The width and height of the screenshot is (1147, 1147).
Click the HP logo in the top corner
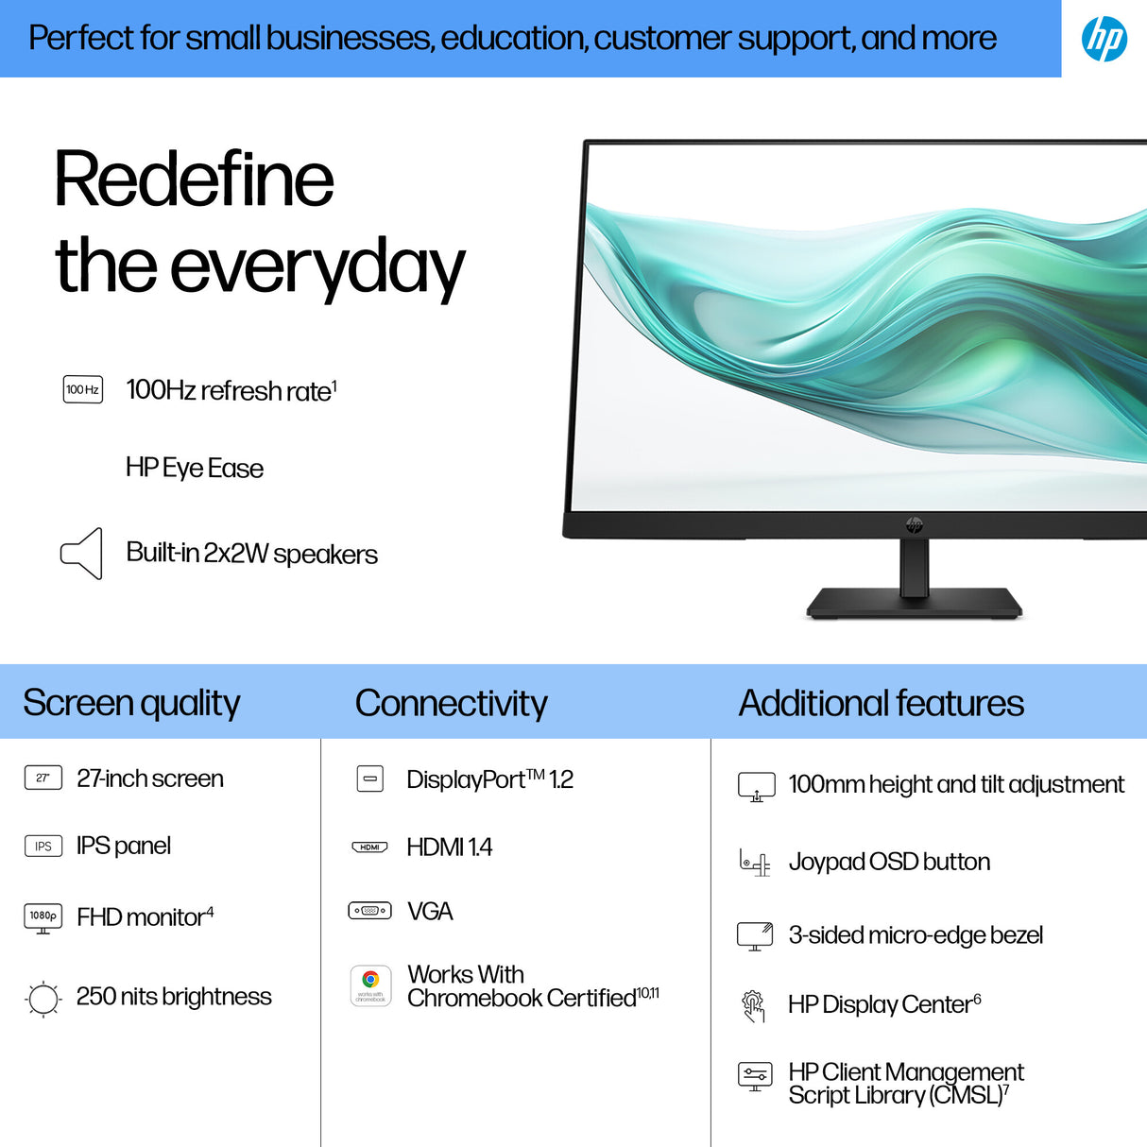point(1104,39)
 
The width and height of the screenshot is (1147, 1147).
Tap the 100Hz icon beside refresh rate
point(83,389)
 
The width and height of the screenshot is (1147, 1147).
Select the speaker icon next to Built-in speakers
point(82,554)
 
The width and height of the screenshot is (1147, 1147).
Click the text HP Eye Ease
point(194,468)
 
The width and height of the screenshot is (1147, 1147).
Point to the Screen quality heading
point(131,703)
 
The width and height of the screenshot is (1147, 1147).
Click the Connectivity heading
point(451,703)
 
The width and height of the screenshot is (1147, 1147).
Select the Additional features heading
point(881,703)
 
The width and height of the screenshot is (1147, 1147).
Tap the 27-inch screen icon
point(43,778)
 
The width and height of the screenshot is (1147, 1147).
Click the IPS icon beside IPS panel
point(43,846)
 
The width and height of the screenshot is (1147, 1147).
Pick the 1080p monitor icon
point(43,916)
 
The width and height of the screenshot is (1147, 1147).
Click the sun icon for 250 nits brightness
point(43,998)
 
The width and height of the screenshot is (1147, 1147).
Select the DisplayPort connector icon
point(370,779)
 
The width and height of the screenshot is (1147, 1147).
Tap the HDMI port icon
point(369,847)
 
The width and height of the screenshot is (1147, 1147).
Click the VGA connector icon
point(369,911)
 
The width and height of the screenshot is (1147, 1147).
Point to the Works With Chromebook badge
point(370,985)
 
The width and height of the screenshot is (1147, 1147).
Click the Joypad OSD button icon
point(755,863)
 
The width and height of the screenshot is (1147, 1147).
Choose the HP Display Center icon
point(753,1006)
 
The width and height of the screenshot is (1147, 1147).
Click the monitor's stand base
point(914,603)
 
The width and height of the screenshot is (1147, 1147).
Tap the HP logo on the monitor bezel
point(914,524)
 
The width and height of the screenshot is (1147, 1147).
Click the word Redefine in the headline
point(194,180)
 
